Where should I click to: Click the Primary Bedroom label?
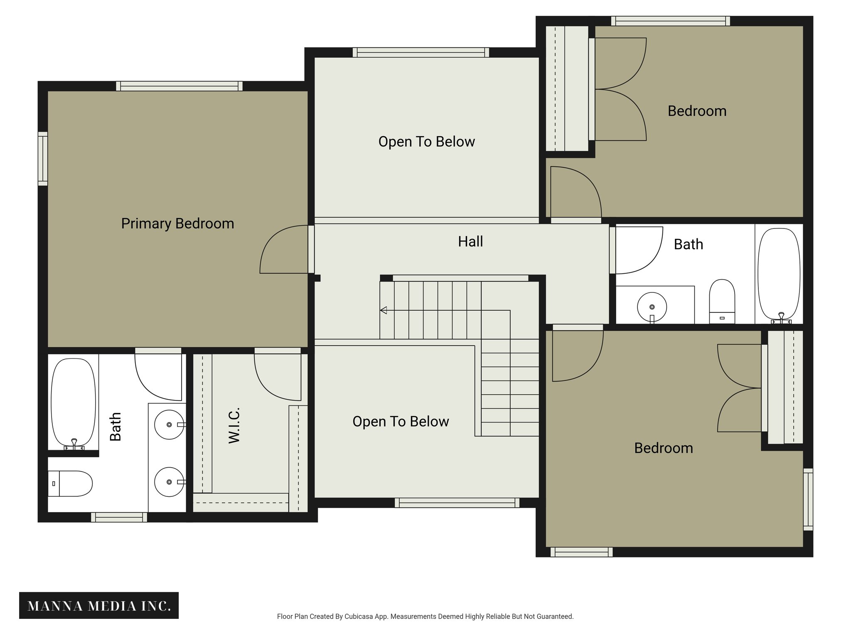pyautogui.click(x=177, y=223)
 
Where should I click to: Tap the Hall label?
pyautogui.click(x=470, y=241)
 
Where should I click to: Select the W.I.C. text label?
pyautogui.click(x=234, y=425)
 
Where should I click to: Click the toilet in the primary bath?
pyautogui.click(x=71, y=483)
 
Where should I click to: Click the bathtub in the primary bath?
pyautogui.click(x=73, y=402)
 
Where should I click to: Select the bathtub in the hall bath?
pyautogui.click(x=779, y=274)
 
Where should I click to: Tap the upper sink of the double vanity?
pyautogui.click(x=169, y=425)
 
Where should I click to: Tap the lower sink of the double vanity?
pyautogui.click(x=169, y=482)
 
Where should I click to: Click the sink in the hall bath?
pyautogui.click(x=652, y=307)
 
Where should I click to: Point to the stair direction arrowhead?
pyautogui.click(x=384, y=310)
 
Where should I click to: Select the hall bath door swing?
pyautogui.click(x=638, y=250)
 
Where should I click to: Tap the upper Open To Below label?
pyautogui.click(x=426, y=142)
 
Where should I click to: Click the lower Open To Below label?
pyautogui.click(x=401, y=422)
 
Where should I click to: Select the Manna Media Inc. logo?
pyautogui.click(x=99, y=606)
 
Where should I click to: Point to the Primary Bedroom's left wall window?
pyautogui.click(x=43, y=159)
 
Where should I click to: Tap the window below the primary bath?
pyautogui.click(x=119, y=517)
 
